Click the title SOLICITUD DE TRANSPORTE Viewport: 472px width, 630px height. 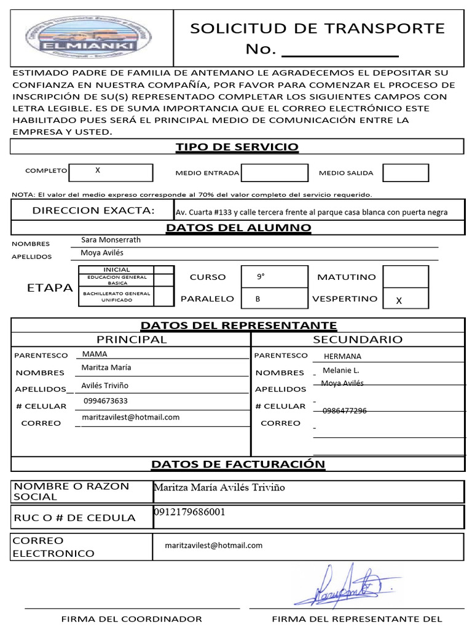point(317,28)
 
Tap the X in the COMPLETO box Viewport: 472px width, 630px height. point(98,170)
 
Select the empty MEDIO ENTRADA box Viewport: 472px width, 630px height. point(273,173)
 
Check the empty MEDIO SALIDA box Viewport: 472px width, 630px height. point(405,173)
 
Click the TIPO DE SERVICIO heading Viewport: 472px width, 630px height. point(237,146)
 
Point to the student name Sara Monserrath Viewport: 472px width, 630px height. point(111,240)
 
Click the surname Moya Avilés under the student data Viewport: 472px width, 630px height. point(102,253)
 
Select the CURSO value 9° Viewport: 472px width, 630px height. point(261,277)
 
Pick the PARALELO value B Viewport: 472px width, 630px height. point(258,299)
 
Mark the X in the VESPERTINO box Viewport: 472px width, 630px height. point(399,301)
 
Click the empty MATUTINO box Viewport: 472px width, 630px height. point(405,277)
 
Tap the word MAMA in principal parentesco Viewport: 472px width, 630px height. point(95,354)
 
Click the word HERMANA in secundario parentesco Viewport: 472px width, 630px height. point(342,356)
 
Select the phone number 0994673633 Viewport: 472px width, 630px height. point(106,401)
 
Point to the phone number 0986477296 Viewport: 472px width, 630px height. point(344,410)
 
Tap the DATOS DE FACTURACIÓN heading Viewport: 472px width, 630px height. point(238,464)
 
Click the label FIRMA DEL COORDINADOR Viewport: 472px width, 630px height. point(132,619)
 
